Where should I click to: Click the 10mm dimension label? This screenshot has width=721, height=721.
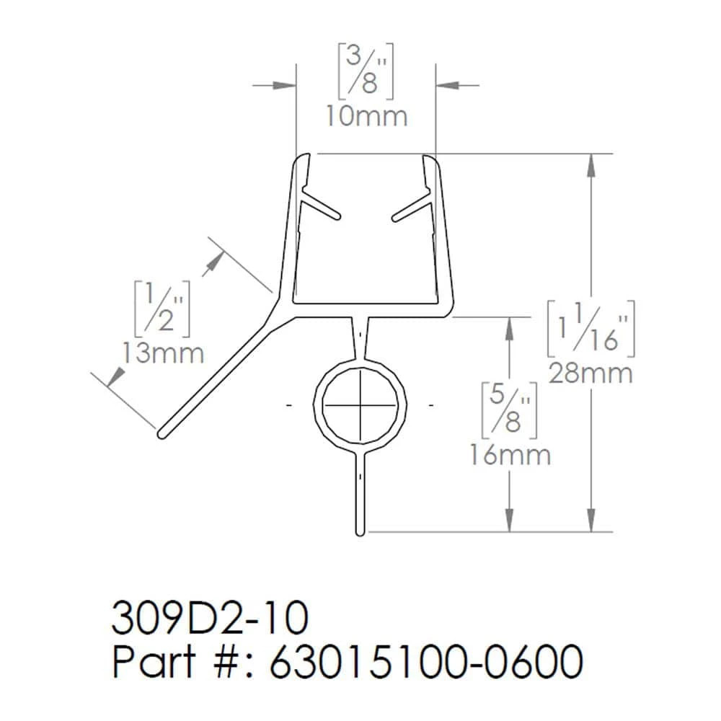pos(366,116)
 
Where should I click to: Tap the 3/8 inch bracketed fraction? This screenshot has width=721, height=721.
pos(366,70)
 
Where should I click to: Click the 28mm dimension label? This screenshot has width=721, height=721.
pos(590,373)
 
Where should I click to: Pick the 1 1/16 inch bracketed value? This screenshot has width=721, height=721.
pos(590,328)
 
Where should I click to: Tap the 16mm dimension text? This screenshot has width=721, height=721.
pos(510,455)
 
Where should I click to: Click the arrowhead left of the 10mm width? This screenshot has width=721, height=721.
pos(288,85)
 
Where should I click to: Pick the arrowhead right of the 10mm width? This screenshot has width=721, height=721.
pos(445,85)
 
